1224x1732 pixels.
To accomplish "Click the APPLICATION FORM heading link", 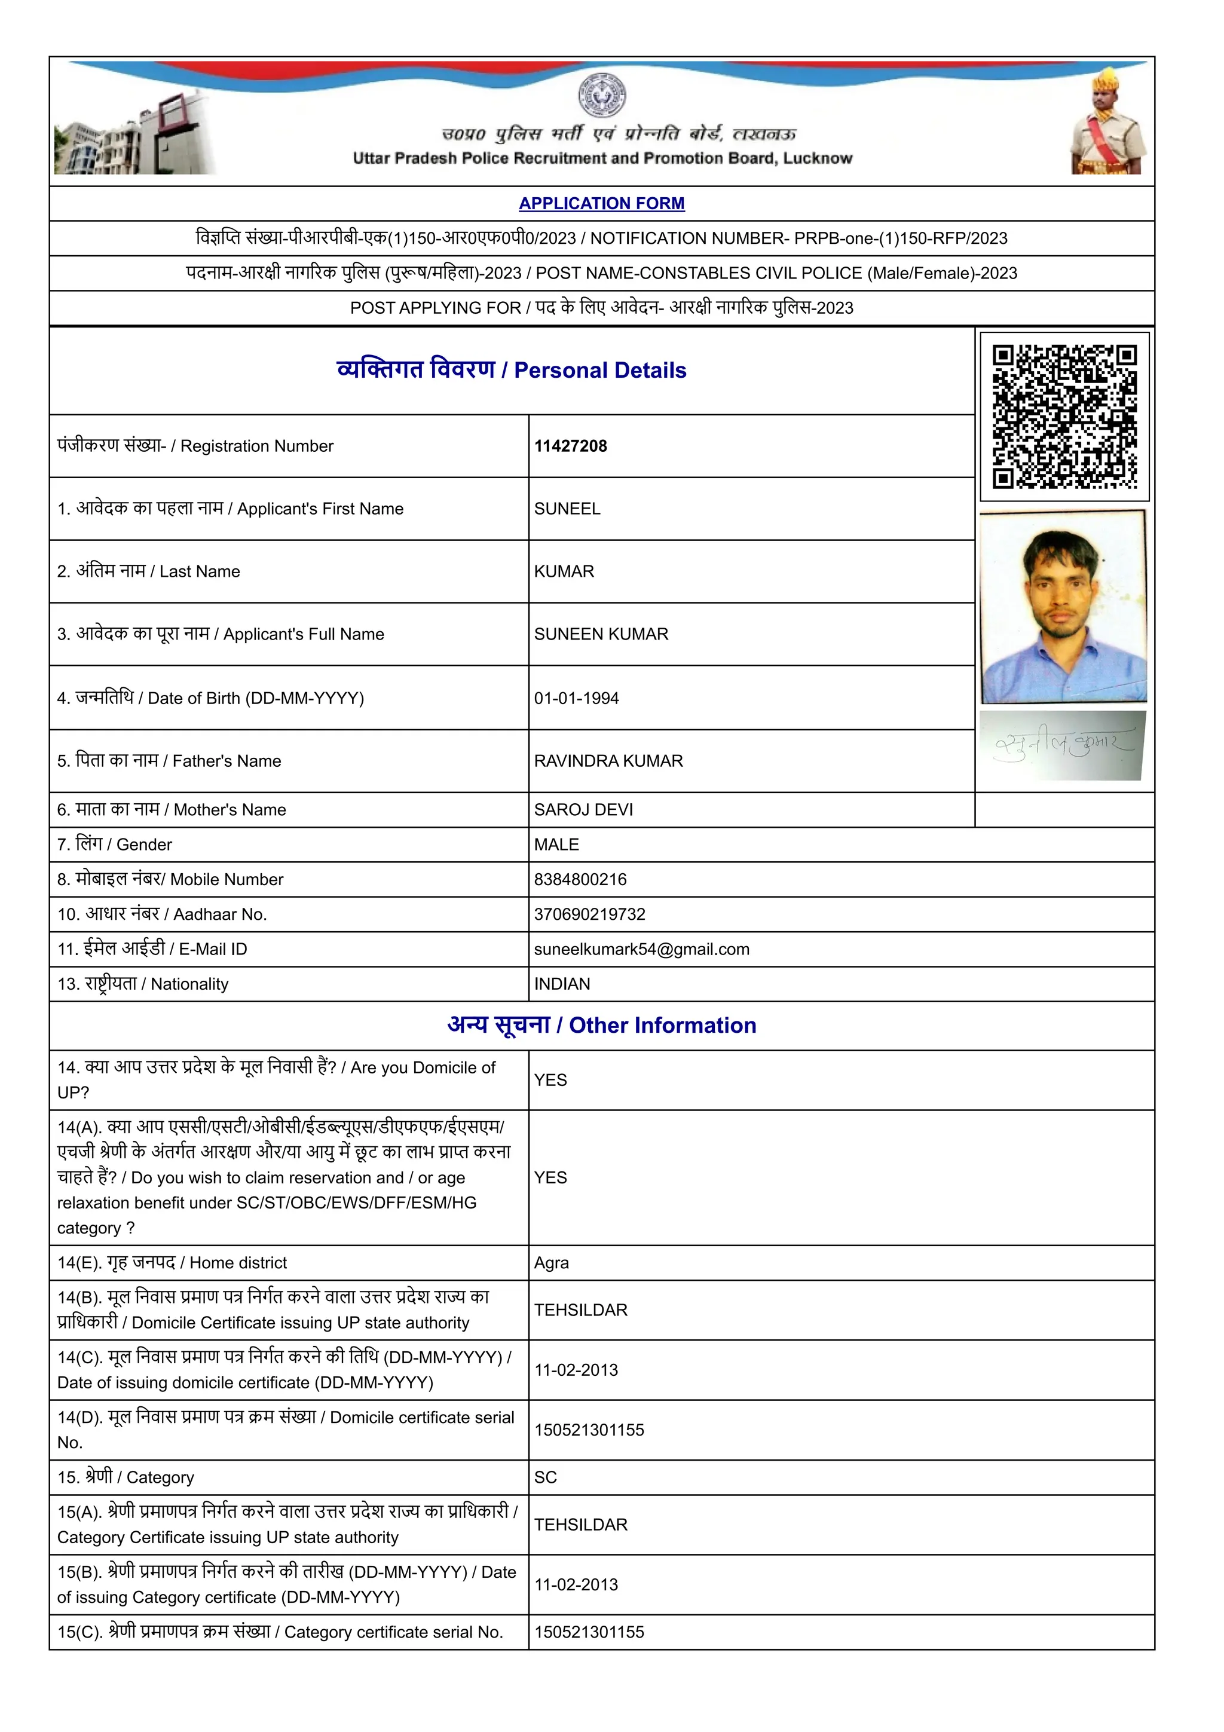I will click(x=601, y=204).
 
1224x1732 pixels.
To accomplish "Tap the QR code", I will click(x=1064, y=417).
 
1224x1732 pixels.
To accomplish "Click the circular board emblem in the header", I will click(x=602, y=95).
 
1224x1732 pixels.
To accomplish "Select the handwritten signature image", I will click(x=1062, y=745).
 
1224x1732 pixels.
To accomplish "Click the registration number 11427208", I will click(x=570, y=446).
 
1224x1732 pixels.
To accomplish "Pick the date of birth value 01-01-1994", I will click(x=576, y=698).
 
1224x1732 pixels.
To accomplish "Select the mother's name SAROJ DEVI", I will click(x=583, y=809).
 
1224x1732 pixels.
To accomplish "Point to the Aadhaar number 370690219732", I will click(x=589, y=914).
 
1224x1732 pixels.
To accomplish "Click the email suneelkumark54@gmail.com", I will click(x=641, y=949).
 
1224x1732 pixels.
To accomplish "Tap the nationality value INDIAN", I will click(x=562, y=984).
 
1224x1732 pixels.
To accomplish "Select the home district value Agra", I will click(x=551, y=1263).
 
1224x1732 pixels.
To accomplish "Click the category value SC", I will click(x=545, y=1477).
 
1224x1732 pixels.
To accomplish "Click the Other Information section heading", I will click(x=601, y=1025).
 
